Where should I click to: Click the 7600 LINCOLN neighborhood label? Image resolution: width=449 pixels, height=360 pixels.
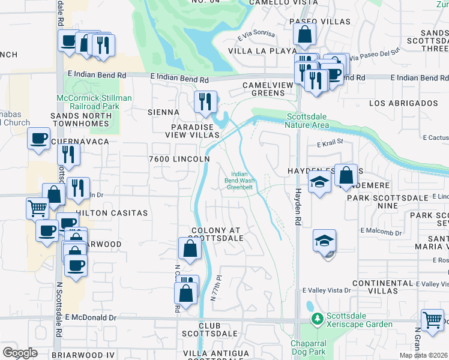179,158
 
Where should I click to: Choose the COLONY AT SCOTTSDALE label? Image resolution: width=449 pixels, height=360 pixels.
217,234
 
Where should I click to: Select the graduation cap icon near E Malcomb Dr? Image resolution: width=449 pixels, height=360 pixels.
324,241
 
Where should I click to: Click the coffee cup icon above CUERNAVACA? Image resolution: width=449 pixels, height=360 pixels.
39,139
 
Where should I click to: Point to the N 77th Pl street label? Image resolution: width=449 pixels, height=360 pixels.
217,289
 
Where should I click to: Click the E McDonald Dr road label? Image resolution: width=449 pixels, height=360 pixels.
91,317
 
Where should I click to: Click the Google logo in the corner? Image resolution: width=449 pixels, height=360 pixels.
20,353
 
